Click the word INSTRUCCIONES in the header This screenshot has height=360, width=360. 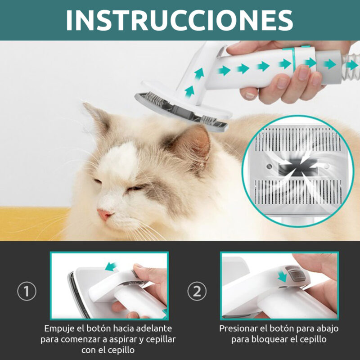(x=179, y=20)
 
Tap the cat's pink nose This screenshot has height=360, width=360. (x=104, y=214)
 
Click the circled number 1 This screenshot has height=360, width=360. (x=27, y=291)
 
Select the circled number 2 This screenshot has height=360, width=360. (x=197, y=291)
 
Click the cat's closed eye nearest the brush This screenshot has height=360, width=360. (x=135, y=188)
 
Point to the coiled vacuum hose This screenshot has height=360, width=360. (x=350, y=67)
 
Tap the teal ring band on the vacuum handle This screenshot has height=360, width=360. (x=293, y=60)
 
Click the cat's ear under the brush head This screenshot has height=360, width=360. (x=190, y=142)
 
